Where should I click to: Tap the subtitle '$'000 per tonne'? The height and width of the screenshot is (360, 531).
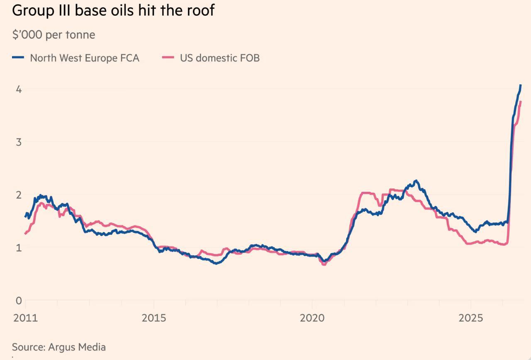coord(54,35)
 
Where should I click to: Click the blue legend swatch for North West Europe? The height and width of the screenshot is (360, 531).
coord(18,57)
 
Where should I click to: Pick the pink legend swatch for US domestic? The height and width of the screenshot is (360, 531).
coord(168,57)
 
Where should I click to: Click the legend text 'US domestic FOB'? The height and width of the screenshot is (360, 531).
coord(220,58)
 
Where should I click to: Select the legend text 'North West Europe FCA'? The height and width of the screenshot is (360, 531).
coord(85,58)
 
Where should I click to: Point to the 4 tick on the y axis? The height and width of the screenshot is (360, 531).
coord(19,89)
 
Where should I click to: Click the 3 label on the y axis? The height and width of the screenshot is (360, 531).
coord(19,142)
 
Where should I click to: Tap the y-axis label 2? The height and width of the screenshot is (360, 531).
coord(19,195)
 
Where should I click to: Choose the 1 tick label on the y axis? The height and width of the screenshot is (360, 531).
coord(19,247)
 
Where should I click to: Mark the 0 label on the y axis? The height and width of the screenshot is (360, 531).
coord(19,301)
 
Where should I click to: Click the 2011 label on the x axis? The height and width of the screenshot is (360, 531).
coord(25,318)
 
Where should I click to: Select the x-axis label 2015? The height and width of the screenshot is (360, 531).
coord(154,318)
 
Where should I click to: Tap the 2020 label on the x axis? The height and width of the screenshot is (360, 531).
coord(312,318)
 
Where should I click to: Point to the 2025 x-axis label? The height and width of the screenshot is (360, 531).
coord(470,318)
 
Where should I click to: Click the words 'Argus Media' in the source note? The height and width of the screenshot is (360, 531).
coord(77,348)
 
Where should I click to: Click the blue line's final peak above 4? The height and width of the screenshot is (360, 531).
coord(520,85)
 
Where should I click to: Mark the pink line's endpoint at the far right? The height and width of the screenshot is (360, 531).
coord(520,102)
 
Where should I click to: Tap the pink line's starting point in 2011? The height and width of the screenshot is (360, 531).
coord(26,234)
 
